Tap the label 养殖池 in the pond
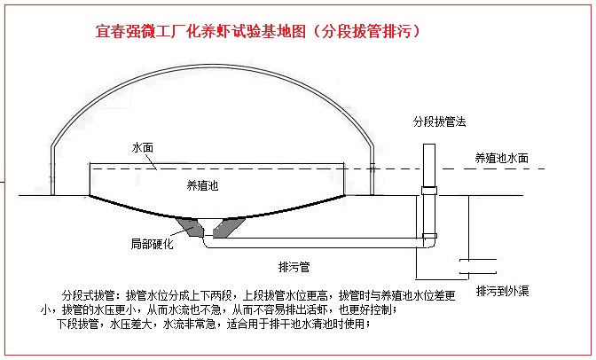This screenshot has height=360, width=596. click(203, 184)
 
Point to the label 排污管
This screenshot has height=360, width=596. click(294, 265)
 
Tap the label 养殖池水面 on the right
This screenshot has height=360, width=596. click(502, 157)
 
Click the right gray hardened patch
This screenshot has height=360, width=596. click(231, 228)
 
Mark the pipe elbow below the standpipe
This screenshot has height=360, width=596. click(430, 239)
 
